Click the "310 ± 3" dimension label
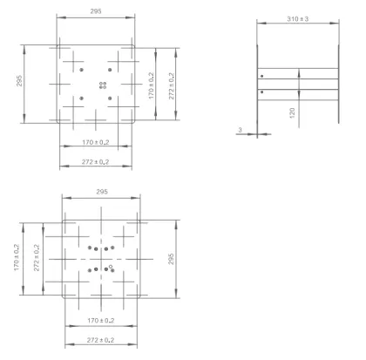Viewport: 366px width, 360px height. [x=298, y=19]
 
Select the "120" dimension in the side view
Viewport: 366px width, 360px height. [x=292, y=112]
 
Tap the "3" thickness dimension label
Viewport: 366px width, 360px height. [x=240, y=130]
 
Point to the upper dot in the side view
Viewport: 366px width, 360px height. [x=262, y=76]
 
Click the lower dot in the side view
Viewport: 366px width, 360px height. [x=262, y=92]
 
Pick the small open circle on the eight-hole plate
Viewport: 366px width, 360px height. [x=111, y=266]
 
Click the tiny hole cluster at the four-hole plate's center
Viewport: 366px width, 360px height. [x=103, y=85]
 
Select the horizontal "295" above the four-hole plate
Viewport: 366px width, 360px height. [x=96, y=11]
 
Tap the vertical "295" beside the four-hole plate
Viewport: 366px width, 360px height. [x=19, y=80]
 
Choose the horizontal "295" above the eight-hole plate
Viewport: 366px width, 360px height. [x=102, y=192]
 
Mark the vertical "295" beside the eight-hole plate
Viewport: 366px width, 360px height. [x=171, y=259]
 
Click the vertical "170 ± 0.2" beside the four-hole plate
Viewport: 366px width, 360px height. [x=152, y=85]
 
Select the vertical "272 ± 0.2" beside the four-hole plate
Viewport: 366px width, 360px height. [x=172, y=85]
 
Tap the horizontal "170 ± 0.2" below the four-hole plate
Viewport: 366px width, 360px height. [x=96, y=142]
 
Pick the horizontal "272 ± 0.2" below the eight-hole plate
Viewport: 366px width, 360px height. [x=100, y=340]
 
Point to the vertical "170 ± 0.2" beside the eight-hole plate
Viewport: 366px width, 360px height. [x=17, y=257]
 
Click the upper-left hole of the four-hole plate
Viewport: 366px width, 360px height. [x=82, y=70]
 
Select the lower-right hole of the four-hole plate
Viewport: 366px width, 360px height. [x=110, y=98]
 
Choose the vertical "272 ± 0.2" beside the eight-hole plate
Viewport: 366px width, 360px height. [x=37, y=257]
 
